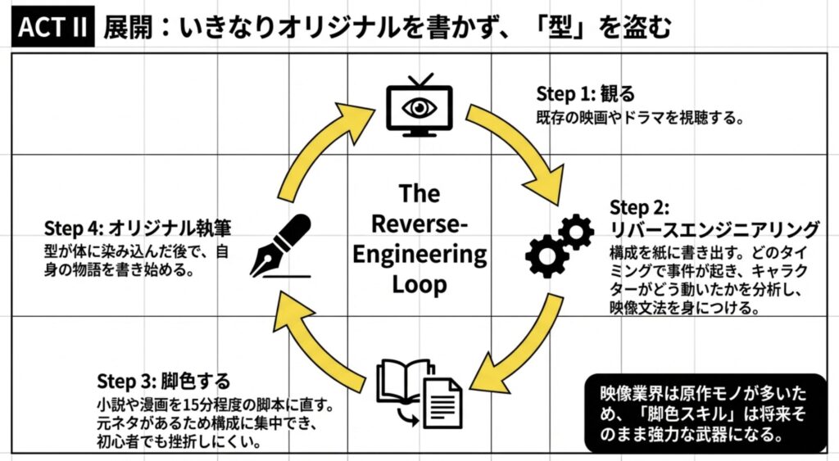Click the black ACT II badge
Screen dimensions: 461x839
coord(52,27)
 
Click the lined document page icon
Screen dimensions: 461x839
coord(443,402)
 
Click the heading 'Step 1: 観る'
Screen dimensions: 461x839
coord(586,93)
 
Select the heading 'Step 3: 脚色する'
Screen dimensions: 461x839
coord(163,382)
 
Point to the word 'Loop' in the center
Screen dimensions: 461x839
coord(419,284)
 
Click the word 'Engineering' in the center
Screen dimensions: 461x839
coord(419,254)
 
